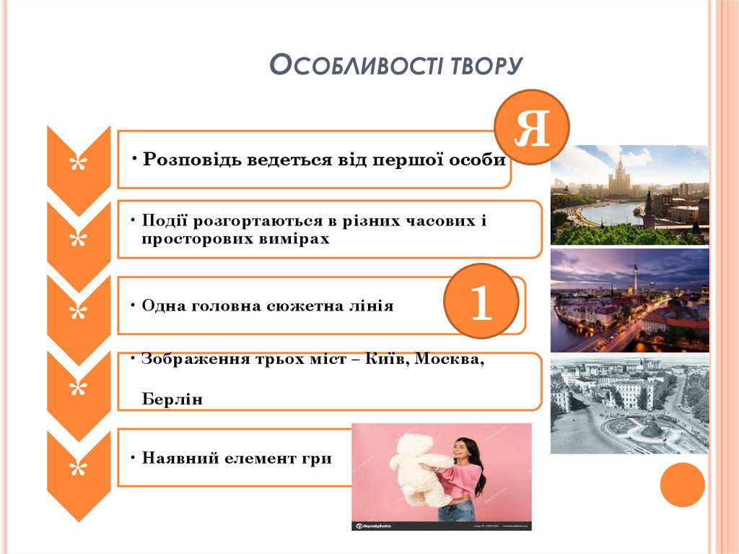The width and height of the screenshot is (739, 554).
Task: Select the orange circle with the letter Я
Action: [x=532, y=128]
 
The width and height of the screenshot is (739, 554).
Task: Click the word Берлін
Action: [x=172, y=399]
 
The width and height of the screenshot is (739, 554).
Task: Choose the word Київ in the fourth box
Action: [x=387, y=360]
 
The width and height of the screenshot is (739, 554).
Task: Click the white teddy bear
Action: [x=418, y=469]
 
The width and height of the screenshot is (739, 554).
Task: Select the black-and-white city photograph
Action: [x=629, y=404]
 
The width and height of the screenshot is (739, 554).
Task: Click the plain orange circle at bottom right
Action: [x=682, y=485]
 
